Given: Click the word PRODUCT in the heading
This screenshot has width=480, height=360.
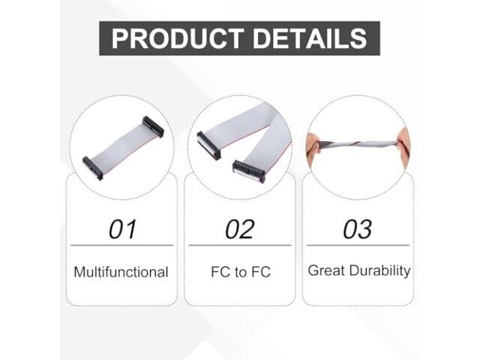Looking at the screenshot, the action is (178, 38).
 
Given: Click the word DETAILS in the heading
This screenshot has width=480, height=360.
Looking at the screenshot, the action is (310, 38).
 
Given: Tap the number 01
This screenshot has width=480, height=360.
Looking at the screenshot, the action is (122, 229).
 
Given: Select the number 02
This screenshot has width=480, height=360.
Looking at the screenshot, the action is (240, 229).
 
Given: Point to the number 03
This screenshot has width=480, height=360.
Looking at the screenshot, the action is (358, 229).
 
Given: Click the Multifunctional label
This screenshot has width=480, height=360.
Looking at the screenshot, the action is (121, 271).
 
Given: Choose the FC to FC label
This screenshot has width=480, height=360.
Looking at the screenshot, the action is (241, 271).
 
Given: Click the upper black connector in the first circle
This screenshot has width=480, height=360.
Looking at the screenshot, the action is (153, 127).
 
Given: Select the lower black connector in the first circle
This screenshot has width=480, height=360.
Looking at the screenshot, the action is (93, 168).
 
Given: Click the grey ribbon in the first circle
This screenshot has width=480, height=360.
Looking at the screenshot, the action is (123, 147).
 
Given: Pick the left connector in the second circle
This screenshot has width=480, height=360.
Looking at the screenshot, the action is (208, 145).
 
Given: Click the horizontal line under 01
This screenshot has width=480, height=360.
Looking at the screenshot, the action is (121, 245).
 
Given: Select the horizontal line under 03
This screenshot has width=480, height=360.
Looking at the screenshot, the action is (358, 245).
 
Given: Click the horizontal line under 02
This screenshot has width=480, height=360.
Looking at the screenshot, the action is (240, 245).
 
